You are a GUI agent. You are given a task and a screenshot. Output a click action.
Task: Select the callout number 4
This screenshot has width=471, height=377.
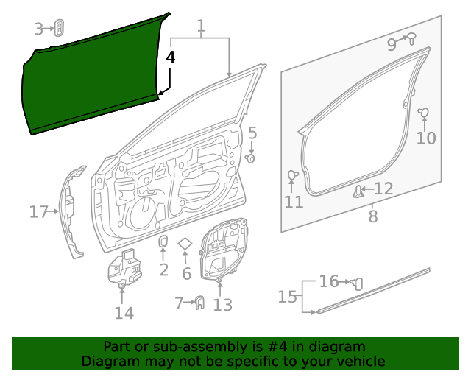pyautogui.click(x=171, y=57)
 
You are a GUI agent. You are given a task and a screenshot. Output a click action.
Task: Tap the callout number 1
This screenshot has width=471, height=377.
pyautogui.click(x=200, y=28)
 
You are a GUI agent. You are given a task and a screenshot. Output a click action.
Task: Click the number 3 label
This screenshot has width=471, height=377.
pyautogui.click(x=39, y=29)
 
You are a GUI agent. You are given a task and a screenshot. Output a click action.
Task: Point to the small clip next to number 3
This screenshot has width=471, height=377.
pyautogui.click(x=58, y=29)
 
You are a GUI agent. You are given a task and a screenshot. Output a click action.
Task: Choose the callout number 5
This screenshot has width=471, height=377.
pyautogui.click(x=252, y=133)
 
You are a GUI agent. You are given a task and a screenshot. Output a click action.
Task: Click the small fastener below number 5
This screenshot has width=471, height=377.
pyautogui.click(x=250, y=158)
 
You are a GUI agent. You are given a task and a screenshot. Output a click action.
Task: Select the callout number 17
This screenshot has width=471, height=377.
pyautogui.click(x=38, y=213)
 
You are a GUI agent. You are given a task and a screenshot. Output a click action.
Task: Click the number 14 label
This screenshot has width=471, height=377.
pyautogui.click(x=124, y=313)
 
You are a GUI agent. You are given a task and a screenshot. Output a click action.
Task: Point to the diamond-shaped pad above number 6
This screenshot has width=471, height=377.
pyautogui.click(x=185, y=244)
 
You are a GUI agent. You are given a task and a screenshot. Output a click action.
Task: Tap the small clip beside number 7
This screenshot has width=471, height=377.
pyautogui.click(x=199, y=303)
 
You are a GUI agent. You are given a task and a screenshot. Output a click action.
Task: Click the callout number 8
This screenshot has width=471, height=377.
pyautogui.click(x=373, y=216)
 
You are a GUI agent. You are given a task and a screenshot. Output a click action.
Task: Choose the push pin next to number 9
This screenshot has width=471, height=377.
pyautogui.click(x=411, y=38)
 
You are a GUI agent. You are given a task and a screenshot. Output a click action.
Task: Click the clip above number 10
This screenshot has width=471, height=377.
pyautogui.click(x=424, y=113)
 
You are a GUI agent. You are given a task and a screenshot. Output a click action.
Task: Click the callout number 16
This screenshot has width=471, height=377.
pyautogui.click(x=329, y=281)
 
